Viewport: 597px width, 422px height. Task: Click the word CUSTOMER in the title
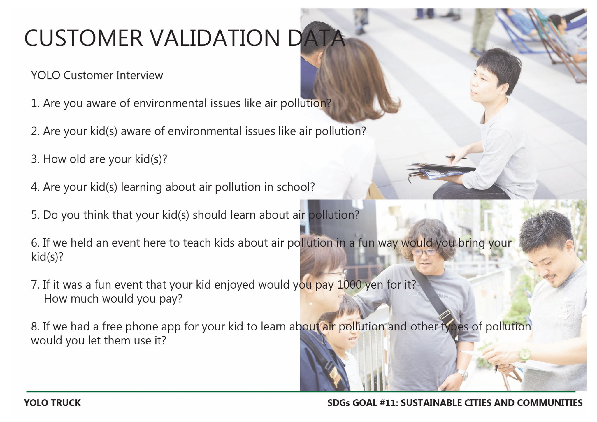(x=84, y=38)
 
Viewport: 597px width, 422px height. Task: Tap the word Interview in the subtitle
(x=139, y=75)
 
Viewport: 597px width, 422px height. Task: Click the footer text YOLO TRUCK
(x=52, y=403)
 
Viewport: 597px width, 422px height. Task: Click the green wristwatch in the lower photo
(x=524, y=354)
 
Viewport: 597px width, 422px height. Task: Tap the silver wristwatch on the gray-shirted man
(x=462, y=374)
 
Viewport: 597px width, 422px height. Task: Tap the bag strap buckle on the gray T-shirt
(x=445, y=314)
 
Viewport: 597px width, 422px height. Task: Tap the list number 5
(x=34, y=215)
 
